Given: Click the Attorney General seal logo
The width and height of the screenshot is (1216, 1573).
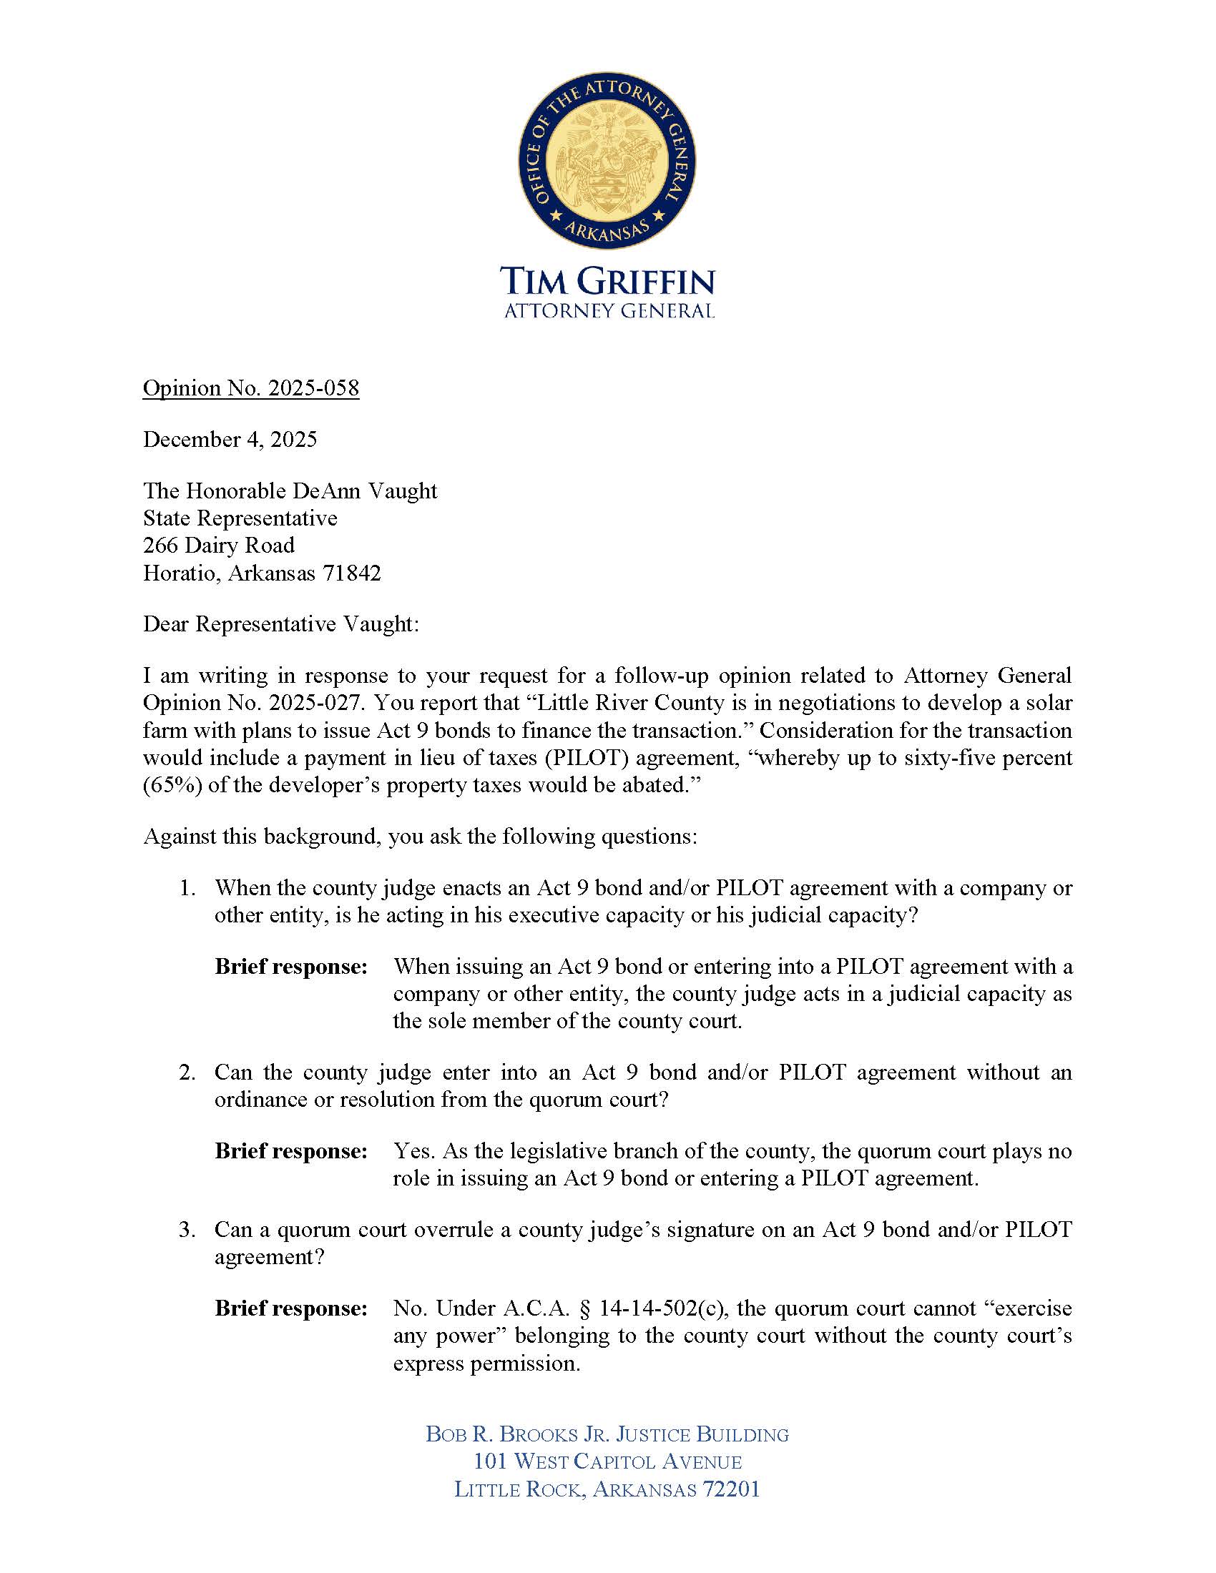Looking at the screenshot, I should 607,164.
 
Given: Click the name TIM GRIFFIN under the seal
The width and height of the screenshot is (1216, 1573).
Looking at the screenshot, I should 608,281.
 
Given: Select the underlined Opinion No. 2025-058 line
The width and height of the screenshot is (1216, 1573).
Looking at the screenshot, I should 250,388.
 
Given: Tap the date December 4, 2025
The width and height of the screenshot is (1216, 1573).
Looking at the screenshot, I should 230,439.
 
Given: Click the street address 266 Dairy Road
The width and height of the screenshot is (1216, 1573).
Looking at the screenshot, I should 218,546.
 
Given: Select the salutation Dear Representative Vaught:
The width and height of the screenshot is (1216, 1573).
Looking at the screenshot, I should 280,623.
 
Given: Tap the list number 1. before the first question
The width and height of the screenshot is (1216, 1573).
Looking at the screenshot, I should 187,888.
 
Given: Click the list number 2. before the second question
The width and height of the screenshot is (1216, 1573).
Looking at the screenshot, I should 187,1072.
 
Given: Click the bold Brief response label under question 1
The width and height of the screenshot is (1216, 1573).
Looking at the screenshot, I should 291,967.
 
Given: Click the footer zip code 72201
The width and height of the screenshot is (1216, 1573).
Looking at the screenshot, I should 731,1489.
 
